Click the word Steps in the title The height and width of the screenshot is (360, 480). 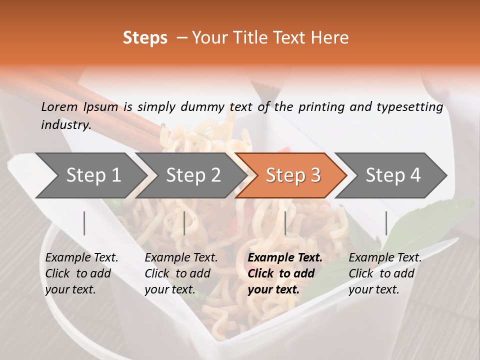tap(145, 38)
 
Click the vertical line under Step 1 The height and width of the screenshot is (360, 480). tap(84, 223)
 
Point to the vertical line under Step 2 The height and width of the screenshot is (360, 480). tap(184, 223)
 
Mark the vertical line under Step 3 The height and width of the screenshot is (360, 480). tap(285, 223)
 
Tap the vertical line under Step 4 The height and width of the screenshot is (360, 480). tap(386, 223)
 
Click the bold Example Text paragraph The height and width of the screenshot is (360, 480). tap(285, 273)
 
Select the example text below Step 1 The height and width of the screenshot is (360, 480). tap(81, 273)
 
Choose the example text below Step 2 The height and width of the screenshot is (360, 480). tap(181, 273)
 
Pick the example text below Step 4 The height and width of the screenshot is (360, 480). tap(385, 273)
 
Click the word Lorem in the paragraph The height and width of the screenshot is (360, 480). tap(59, 106)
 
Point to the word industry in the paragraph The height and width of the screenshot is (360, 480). tap(66, 124)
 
